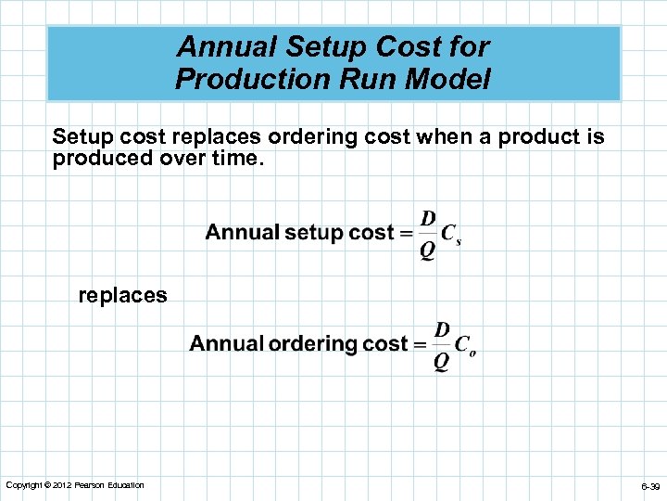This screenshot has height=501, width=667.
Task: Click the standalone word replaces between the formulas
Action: pyautogui.click(x=122, y=296)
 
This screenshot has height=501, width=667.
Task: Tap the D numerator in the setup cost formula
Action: pyautogui.click(x=428, y=218)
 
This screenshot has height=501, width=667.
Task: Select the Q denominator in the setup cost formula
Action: pyautogui.click(x=428, y=250)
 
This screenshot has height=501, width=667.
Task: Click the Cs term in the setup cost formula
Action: pyautogui.click(x=451, y=235)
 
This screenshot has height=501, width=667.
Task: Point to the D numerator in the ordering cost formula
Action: pyautogui.click(x=442, y=329)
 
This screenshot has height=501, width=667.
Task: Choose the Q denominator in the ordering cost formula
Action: pyautogui.click(x=442, y=361)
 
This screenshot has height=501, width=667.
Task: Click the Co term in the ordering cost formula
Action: pyautogui.click(x=466, y=346)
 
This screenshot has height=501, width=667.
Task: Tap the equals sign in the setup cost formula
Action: pyautogui.click(x=406, y=234)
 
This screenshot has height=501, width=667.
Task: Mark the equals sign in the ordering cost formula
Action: pyautogui.click(x=420, y=345)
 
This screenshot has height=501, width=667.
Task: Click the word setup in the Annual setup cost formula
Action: pyautogui.click(x=314, y=233)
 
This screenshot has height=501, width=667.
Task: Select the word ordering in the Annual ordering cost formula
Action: pyautogui.click(x=313, y=344)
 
